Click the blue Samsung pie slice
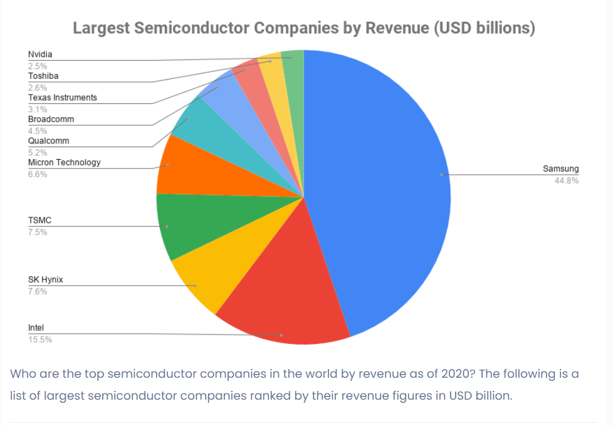coord(382,182)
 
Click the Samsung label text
coord(560,169)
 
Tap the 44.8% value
coord(566,180)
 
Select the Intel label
coord(36,328)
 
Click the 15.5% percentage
coord(39,340)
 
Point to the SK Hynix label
coord(45,279)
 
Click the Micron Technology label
coord(64,162)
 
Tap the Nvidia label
coord(40,55)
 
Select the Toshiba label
coord(43,76)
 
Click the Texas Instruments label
coord(62,98)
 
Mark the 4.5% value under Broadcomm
coord(37,131)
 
